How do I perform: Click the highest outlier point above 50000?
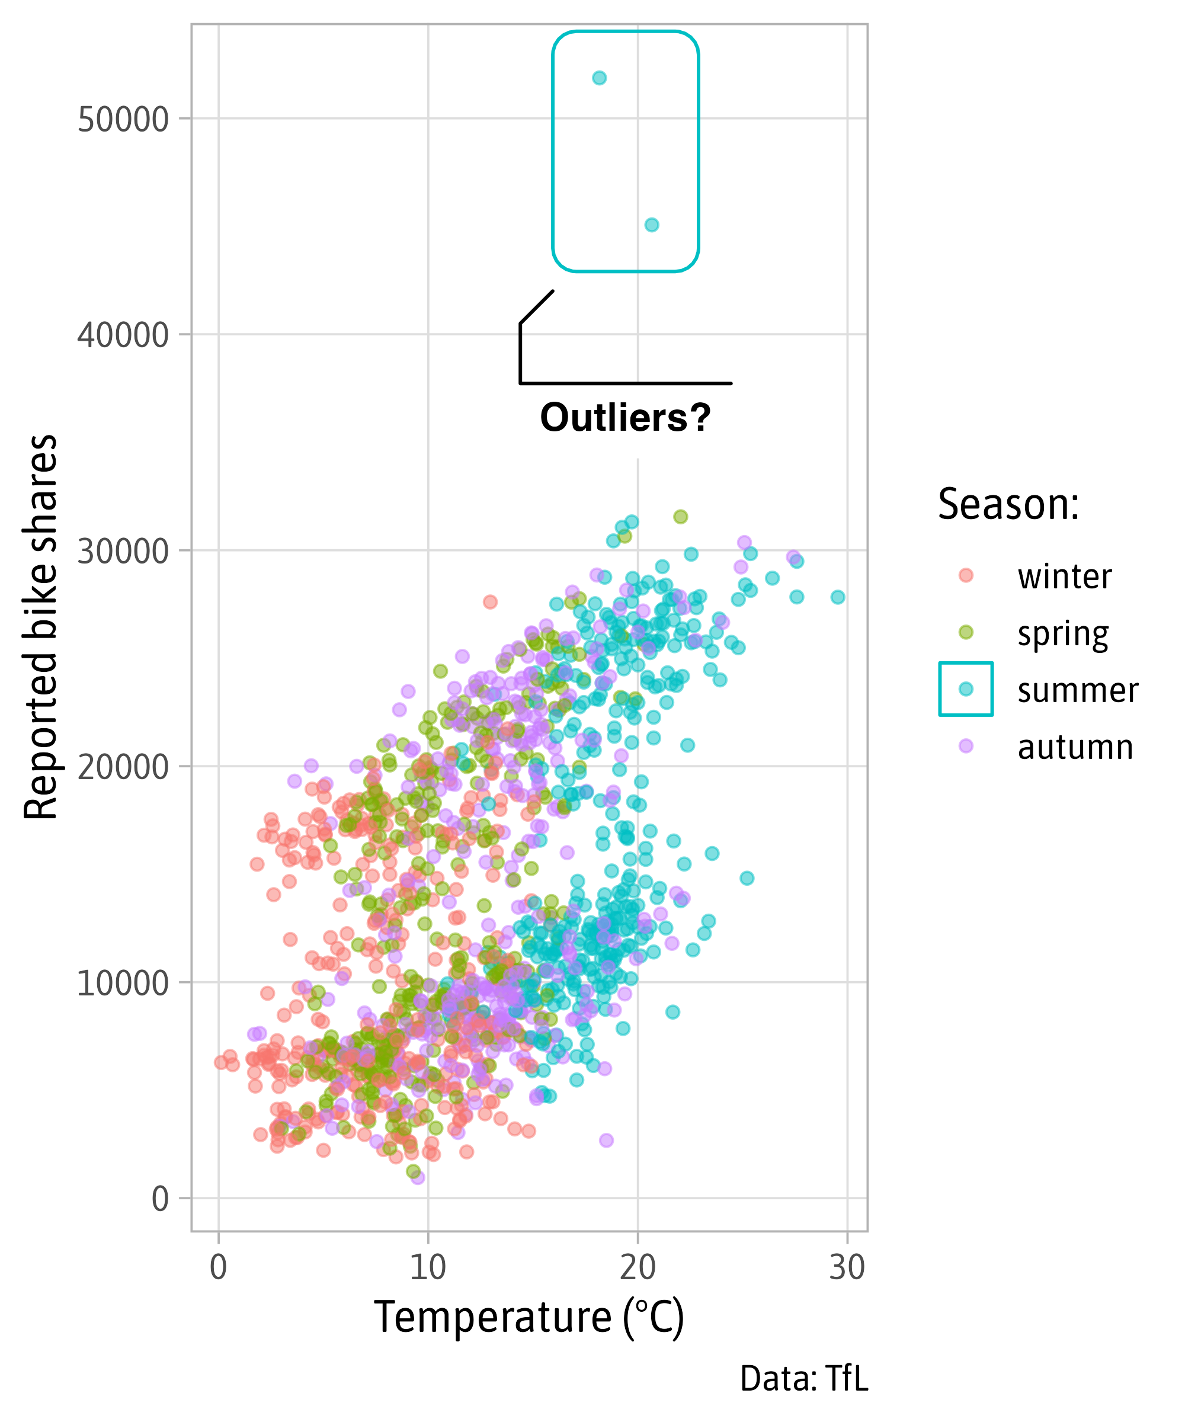(x=599, y=78)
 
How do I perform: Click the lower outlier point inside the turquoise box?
(x=651, y=225)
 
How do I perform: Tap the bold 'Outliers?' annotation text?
(x=625, y=417)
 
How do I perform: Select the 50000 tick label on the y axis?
(x=123, y=120)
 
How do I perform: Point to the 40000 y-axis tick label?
(x=123, y=335)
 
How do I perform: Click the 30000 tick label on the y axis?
(x=123, y=551)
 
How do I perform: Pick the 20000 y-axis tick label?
(x=123, y=767)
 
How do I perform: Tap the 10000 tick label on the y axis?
(x=123, y=983)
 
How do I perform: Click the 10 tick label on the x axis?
(x=428, y=1267)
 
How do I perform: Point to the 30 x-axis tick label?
(x=847, y=1267)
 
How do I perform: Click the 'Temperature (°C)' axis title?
(x=529, y=1317)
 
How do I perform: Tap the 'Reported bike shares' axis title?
(x=41, y=627)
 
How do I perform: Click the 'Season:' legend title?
(x=1008, y=504)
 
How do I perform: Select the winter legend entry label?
(x=1065, y=577)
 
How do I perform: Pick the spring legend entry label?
(x=1063, y=635)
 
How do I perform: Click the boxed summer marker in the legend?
(x=966, y=689)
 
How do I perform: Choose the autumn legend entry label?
(x=1075, y=748)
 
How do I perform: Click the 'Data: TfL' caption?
(x=804, y=1379)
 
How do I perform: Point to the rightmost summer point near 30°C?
(x=838, y=597)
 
